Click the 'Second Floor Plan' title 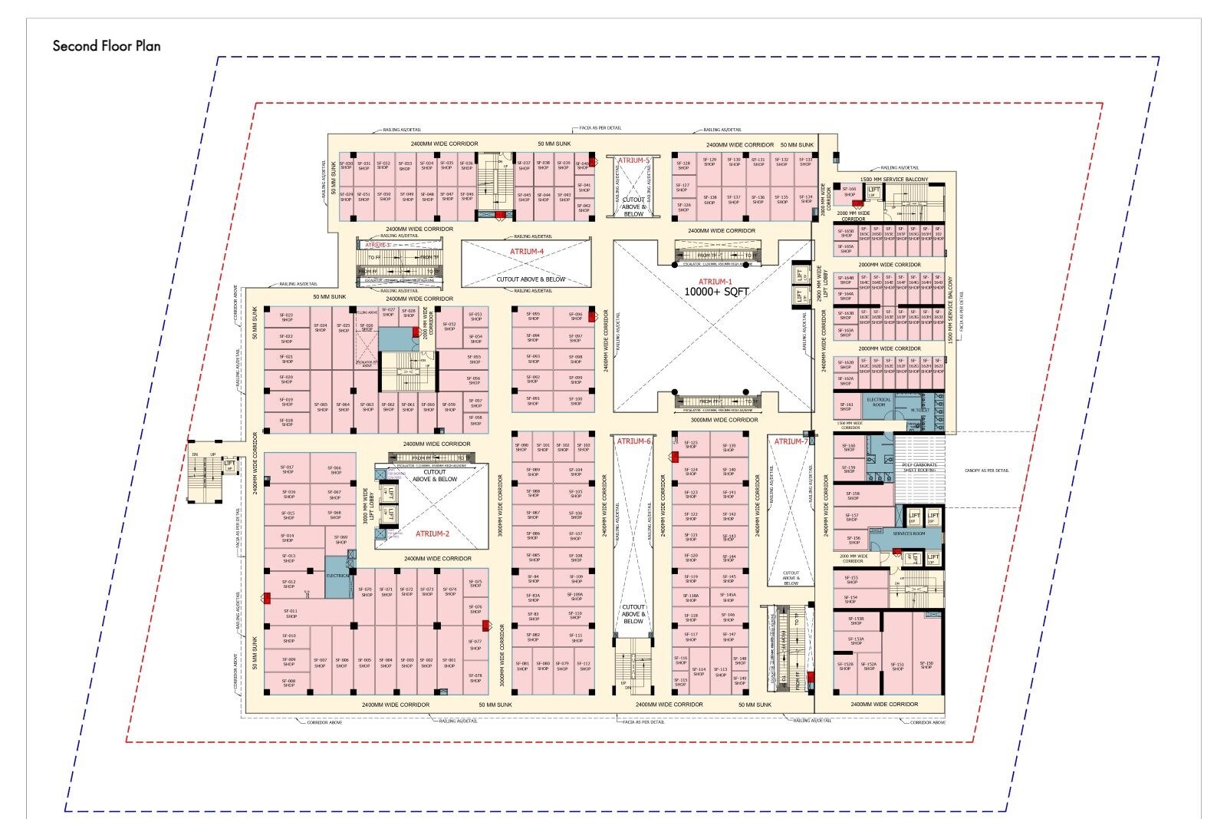[107, 46]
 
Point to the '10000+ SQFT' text [715, 292]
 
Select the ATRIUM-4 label [527, 252]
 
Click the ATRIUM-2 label [432, 533]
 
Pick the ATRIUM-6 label [633, 441]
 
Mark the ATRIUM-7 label [791, 441]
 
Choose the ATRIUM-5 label [633, 160]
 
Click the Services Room [909, 533]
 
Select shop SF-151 [897, 666]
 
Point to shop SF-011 [291, 613]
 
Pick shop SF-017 [288, 469]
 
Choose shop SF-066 [335, 470]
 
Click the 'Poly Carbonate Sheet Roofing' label [919, 467]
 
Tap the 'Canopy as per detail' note [987, 471]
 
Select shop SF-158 [853, 496]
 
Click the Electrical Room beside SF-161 [879, 401]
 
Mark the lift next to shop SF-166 [873, 191]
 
